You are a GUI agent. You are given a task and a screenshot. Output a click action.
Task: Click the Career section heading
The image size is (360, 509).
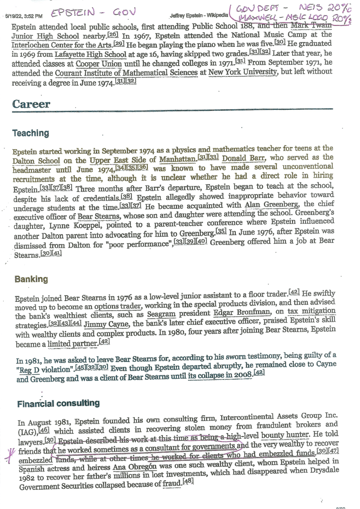click(x=31, y=104)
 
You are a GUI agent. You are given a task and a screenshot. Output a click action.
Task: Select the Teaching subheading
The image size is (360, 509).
click(x=31, y=133)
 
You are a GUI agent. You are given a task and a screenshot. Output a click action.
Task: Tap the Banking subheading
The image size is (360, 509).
click(x=31, y=279)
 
